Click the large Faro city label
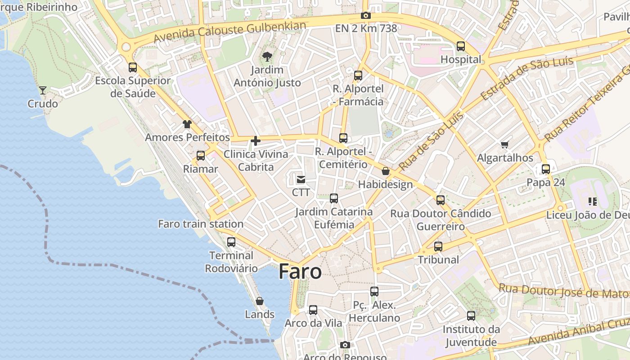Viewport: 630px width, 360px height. tap(300, 272)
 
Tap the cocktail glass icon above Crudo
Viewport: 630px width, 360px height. tap(43, 90)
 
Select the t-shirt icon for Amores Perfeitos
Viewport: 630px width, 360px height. tap(187, 124)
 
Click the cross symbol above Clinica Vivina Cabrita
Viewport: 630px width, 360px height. tap(256, 141)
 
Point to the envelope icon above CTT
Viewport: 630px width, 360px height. tap(301, 180)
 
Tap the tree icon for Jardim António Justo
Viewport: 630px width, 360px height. tap(267, 56)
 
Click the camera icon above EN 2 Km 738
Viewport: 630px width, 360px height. tap(366, 15)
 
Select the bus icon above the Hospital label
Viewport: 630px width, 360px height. tap(461, 46)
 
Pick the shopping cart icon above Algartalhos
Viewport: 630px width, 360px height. tap(505, 144)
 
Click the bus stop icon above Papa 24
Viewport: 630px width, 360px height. tap(546, 169)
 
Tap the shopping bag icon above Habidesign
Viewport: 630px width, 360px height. tap(386, 171)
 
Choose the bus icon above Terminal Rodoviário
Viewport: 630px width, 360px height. tap(231, 242)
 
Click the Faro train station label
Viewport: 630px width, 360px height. tap(201, 224)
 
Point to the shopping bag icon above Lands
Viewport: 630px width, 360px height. tap(260, 301)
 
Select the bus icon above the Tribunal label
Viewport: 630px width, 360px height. tap(438, 246)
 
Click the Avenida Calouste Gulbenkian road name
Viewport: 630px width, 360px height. tap(229, 32)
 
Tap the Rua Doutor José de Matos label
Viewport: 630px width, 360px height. tap(564, 291)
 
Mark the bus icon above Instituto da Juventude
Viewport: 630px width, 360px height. tap(471, 316)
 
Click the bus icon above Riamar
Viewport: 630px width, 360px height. tap(201, 156)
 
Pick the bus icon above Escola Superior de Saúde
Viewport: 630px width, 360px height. tap(133, 67)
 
